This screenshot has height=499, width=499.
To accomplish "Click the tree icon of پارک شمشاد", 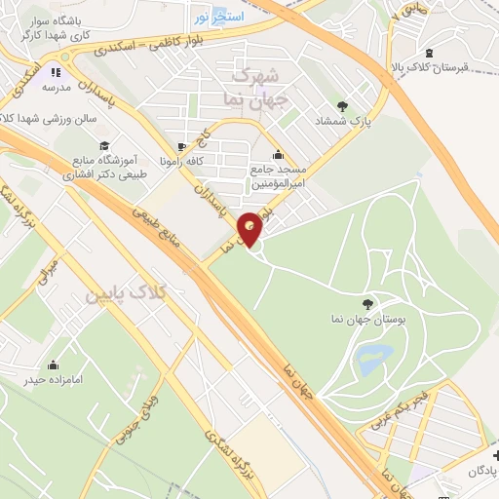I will tap(341, 105).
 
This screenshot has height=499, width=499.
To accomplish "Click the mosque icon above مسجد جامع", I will tap(279, 154).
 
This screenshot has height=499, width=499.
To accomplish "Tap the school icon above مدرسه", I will tap(57, 71).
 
